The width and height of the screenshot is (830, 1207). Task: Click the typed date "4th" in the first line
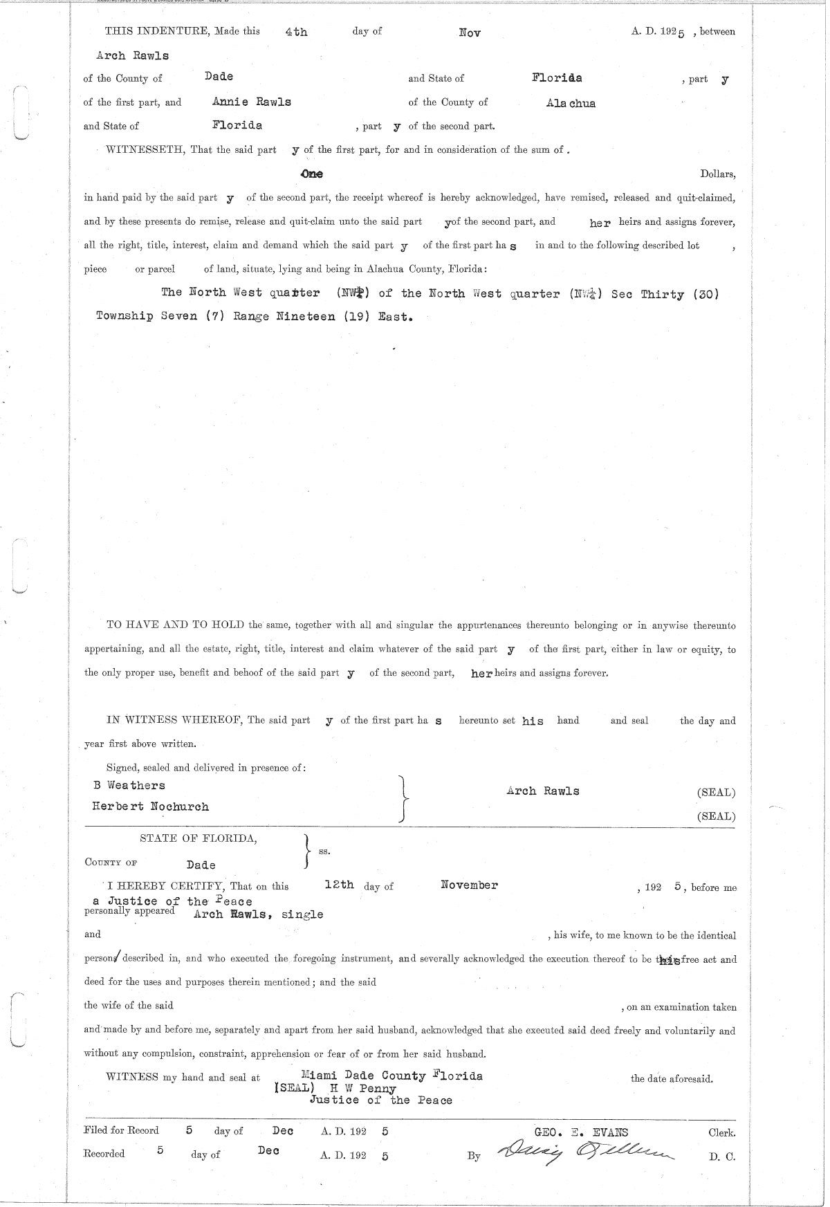[296, 32]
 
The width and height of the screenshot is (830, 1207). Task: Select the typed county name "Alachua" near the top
[571, 104]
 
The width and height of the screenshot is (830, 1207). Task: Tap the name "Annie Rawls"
[252, 102]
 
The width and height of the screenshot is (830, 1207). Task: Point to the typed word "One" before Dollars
[311, 174]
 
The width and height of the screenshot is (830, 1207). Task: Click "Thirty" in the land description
[662, 294]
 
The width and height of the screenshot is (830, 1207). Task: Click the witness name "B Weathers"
[129, 785]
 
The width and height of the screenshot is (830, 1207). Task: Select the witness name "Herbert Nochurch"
[151, 807]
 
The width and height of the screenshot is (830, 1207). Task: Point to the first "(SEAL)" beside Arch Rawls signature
[717, 793]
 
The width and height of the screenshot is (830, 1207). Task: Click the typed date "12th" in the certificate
[339, 884]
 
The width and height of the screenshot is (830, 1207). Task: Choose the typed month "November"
[469, 885]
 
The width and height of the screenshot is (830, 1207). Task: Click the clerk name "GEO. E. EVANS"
[582, 1132]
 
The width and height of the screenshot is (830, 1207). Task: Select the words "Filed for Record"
[121, 1130]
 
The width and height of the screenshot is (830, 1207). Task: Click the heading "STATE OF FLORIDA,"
[199, 838]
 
